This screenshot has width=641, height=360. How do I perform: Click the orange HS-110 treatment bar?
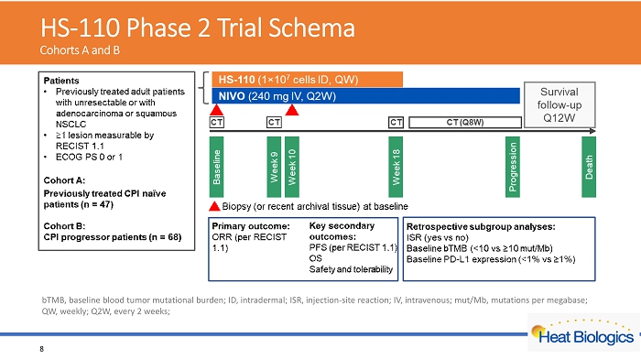pyautogui.click(x=307, y=80)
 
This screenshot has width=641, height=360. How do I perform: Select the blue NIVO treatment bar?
pyautogui.click(x=366, y=96)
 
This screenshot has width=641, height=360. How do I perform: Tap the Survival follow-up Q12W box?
pyautogui.click(x=560, y=104)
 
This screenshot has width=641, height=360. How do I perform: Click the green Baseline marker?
pyautogui.click(x=217, y=167)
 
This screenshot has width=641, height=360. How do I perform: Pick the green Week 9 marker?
pyautogui.click(x=274, y=167)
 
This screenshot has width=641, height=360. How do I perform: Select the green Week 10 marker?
pyautogui.click(x=292, y=167)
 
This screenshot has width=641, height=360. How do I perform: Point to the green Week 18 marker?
pyautogui.click(x=396, y=167)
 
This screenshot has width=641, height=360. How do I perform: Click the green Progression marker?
pyautogui.click(x=513, y=167)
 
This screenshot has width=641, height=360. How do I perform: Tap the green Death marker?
pyautogui.click(x=589, y=167)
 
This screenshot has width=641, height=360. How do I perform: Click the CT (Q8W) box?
pyautogui.click(x=465, y=123)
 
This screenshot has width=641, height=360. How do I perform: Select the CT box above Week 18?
pyautogui.click(x=396, y=123)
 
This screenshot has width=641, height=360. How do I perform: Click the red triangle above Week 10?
pyautogui.click(x=292, y=110)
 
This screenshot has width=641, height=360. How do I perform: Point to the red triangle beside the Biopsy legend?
pyautogui.click(x=214, y=206)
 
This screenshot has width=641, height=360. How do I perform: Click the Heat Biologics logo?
pyautogui.click(x=583, y=333)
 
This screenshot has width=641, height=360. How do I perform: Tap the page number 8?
pyautogui.click(x=42, y=349)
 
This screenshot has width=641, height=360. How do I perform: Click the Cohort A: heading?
pyautogui.click(x=64, y=180)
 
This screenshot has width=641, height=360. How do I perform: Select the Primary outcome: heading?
pyautogui.click(x=251, y=226)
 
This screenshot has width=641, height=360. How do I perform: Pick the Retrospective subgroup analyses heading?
pyautogui.click(x=481, y=226)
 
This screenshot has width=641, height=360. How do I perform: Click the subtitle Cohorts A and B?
pyautogui.click(x=80, y=50)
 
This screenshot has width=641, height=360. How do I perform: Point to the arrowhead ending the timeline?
pyautogui.click(x=592, y=131)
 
